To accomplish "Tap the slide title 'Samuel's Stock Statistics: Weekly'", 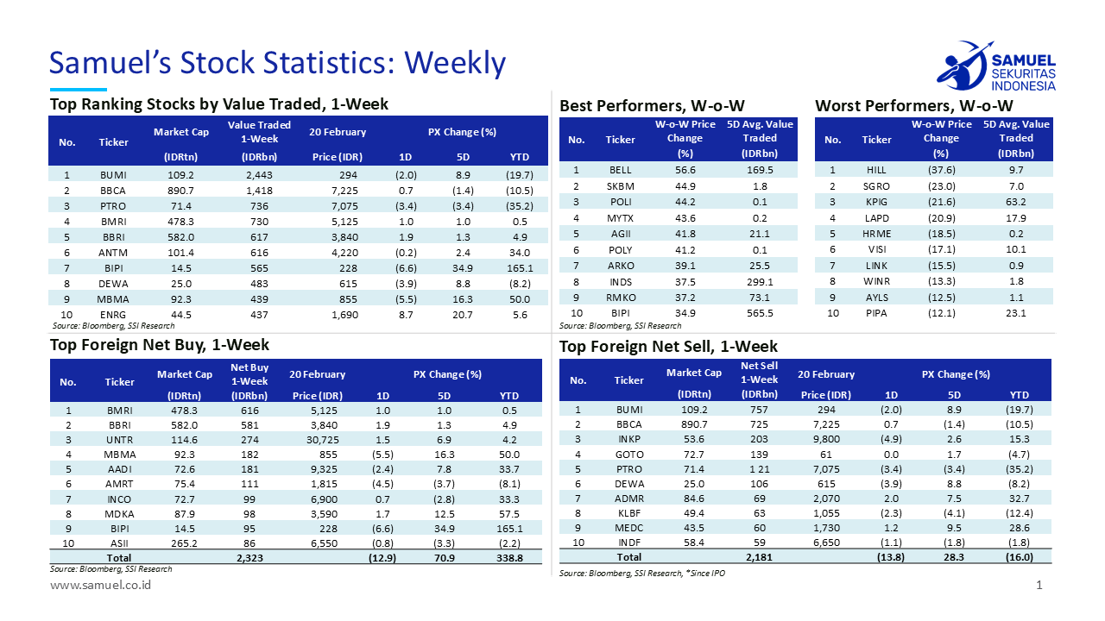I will [277, 63].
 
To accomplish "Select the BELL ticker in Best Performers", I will [620, 170].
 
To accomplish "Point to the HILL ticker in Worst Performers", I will [876, 170].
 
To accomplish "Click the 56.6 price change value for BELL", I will [685, 170].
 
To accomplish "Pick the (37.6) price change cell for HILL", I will [941, 170].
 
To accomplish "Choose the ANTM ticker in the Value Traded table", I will [113, 253].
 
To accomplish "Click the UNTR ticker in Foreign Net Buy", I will [119, 442].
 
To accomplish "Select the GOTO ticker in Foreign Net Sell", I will [629, 454].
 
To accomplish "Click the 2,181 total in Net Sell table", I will [759, 557].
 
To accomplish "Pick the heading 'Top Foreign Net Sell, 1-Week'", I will [668, 347].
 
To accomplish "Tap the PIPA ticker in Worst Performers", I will [876, 313].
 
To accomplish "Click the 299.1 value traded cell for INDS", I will [760, 281].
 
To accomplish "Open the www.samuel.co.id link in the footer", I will [101, 586].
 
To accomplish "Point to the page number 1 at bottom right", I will [1039, 586].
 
